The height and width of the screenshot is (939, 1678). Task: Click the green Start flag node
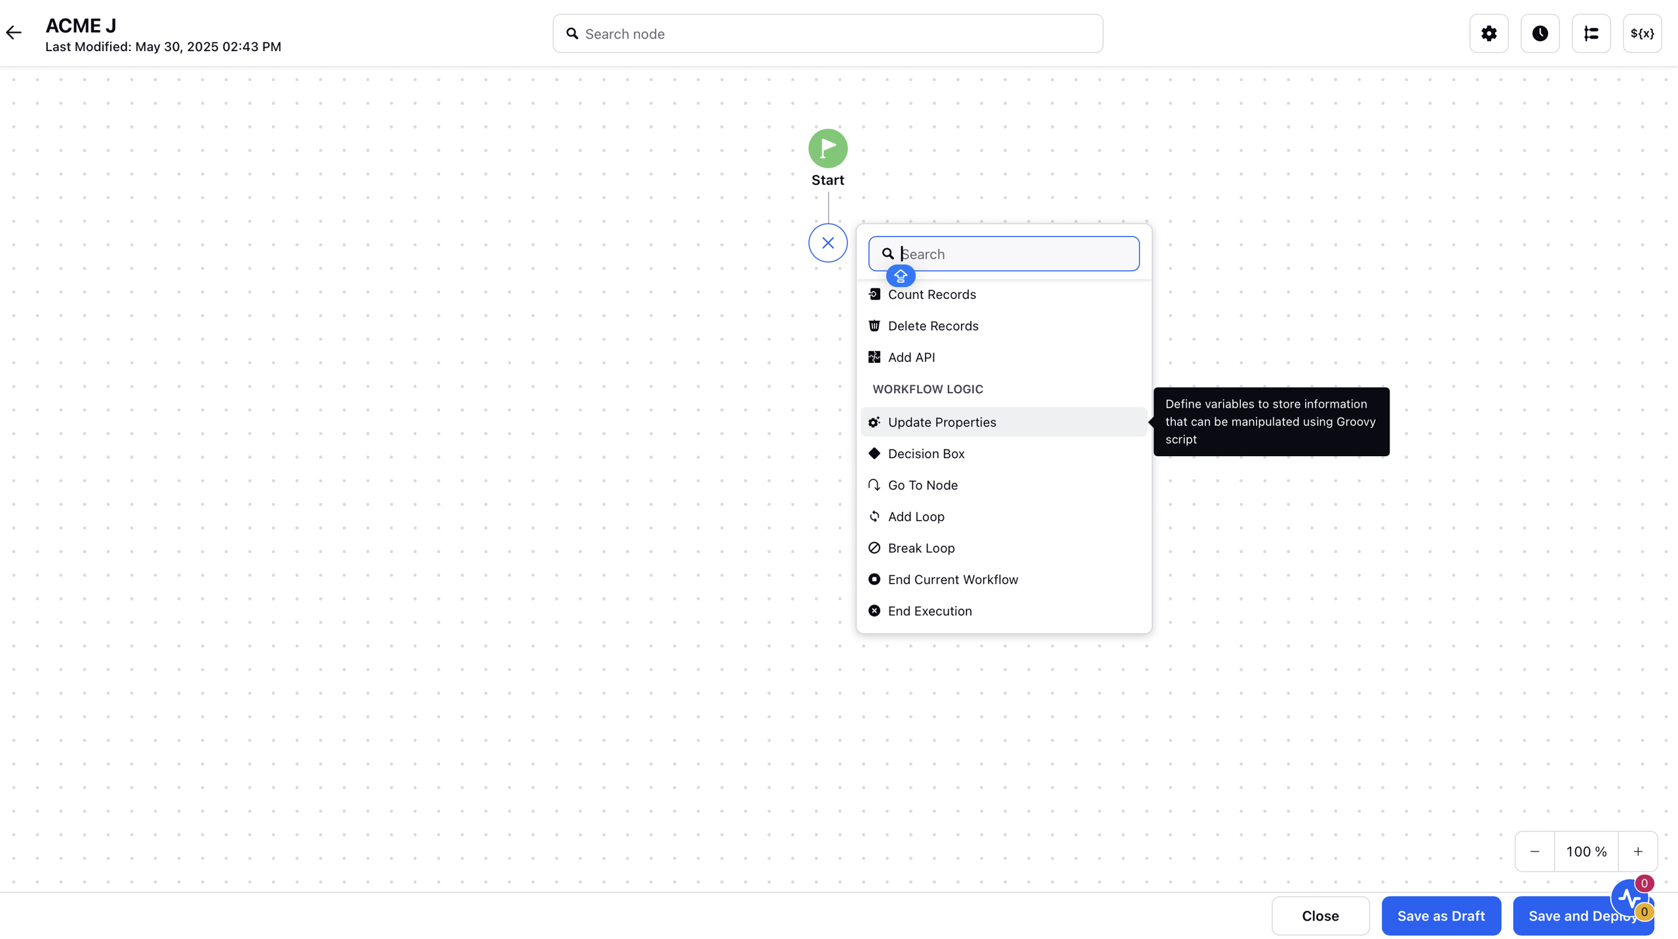(828, 148)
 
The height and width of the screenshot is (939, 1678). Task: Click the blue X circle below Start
(828, 243)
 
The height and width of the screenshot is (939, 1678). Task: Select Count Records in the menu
(931, 294)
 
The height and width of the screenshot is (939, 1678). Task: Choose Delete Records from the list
(933, 326)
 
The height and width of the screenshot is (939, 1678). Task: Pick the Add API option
(911, 357)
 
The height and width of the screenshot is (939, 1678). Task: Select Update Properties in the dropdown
(942, 422)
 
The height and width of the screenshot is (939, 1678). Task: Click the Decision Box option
(926, 453)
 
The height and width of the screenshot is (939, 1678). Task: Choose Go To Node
(922, 485)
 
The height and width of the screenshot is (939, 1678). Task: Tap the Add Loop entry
(916, 516)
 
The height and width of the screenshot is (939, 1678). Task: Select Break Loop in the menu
(921, 548)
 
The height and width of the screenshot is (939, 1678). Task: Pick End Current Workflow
(952, 579)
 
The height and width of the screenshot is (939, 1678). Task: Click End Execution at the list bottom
(929, 611)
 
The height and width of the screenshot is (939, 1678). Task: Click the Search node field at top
(827, 33)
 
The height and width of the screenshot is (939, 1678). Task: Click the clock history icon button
(1540, 33)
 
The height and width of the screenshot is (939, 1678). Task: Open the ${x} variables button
(1642, 33)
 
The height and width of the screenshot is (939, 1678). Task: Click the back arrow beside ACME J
(14, 33)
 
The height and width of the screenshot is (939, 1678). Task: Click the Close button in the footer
(1320, 915)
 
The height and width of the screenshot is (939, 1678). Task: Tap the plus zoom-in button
(1637, 851)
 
